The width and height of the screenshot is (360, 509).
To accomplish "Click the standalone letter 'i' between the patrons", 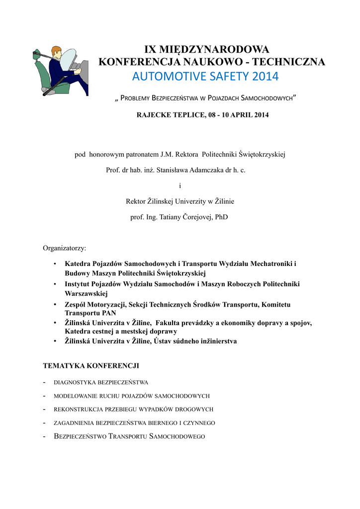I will tap(180, 185).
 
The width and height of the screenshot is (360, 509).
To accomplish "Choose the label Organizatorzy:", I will tap(65, 248).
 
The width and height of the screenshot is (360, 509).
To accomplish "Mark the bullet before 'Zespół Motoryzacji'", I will tap(55, 304).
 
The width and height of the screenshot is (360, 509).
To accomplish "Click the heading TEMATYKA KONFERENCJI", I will tap(91, 365).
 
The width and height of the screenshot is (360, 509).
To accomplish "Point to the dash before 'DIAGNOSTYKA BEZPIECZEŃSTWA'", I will tap(45, 382).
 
